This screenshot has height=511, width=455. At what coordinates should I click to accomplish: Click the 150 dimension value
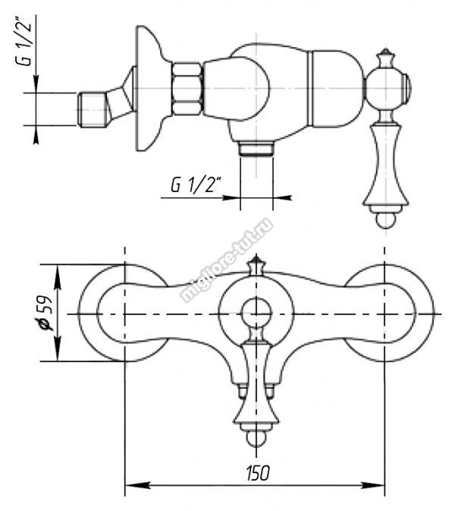click(x=258, y=473)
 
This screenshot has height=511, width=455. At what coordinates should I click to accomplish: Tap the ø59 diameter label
click(x=44, y=313)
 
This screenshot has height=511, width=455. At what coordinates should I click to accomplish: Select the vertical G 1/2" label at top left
click(x=25, y=41)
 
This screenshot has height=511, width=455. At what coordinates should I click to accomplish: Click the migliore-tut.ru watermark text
click(x=227, y=260)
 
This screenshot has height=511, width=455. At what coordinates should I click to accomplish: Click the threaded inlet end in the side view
click(x=93, y=109)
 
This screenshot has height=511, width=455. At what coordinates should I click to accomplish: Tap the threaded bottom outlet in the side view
click(x=256, y=148)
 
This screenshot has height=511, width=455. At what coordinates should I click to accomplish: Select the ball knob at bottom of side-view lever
click(x=386, y=220)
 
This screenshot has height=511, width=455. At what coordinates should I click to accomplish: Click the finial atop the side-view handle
click(x=386, y=58)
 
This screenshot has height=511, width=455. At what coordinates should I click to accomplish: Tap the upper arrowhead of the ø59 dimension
click(x=58, y=276)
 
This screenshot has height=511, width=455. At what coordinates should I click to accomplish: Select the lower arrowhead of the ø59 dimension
click(x=58, y=349)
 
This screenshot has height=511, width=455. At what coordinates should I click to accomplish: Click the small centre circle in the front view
click(x=256, y=313)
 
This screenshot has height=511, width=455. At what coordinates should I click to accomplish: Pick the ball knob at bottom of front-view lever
click(x=256, y=439)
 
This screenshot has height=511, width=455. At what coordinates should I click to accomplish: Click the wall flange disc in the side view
click(x=149, y=88)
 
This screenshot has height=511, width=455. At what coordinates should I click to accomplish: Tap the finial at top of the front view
click(x=256, y=265)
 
